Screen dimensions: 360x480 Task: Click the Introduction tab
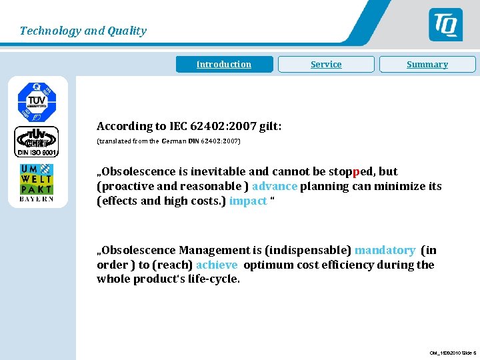click(224, 64)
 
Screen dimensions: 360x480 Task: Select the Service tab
click(326, 64)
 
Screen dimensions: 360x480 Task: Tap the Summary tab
click(427, 64)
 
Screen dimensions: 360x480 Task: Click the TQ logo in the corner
click(445, 25)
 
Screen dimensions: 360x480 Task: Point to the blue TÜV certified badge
click(37, 101)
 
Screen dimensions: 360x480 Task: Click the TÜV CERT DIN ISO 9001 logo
click(37, 141)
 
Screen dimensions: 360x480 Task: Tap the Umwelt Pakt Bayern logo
click(37, 182)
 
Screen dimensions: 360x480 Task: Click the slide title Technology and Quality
click(83, 31)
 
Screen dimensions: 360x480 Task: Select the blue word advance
click(275, 186)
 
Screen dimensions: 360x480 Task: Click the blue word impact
click(247, 201)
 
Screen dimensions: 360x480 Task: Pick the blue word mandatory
click(385, 250)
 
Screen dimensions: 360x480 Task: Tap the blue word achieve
click(217, 265)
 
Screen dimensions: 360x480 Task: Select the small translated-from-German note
click(169, 141)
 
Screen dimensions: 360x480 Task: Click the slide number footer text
click(453, 353)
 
